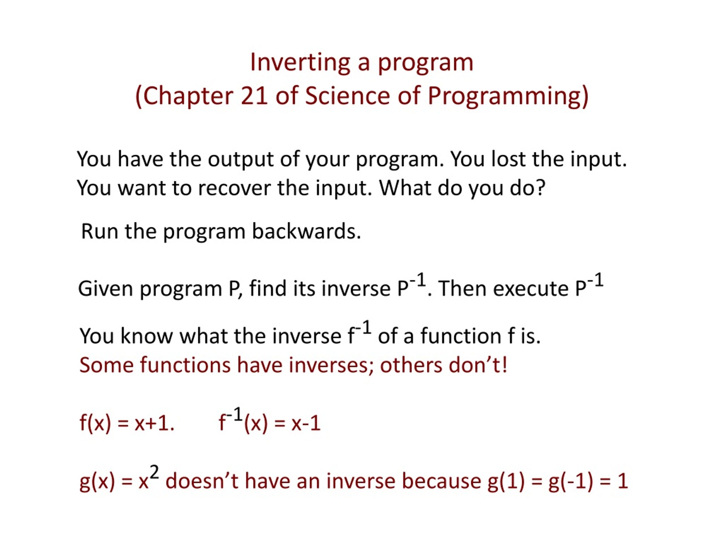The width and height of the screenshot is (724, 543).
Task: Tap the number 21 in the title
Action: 254,96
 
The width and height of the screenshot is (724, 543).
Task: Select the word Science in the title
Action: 348,96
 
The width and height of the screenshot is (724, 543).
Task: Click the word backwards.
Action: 306,231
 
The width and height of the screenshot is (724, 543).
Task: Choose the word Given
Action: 105,289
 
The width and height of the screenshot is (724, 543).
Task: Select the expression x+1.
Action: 154,423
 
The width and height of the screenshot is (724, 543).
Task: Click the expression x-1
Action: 306,423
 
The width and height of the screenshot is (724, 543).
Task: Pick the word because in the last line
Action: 441,481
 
